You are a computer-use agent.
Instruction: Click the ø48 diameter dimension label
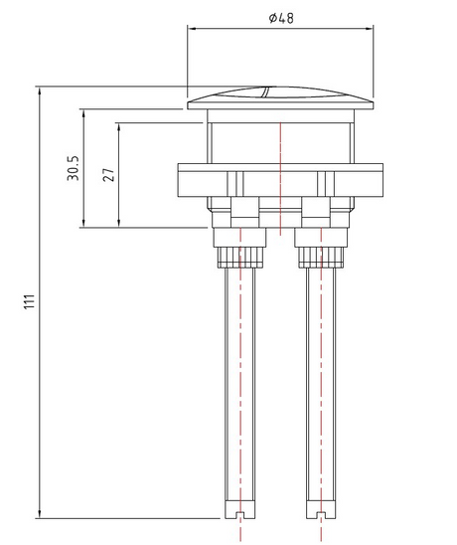click(x=281, y=18)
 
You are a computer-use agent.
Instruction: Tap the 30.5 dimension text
click(x=74, y=168)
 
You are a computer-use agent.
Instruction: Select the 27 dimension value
click(x=108, y=175)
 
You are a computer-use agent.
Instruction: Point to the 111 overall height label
click(x=30, y=301)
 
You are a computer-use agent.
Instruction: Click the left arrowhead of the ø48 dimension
click(x=192, y=29)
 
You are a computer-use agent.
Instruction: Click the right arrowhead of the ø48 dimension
click(x=370, y=29)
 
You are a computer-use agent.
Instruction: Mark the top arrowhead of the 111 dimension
click(x=39, y=91)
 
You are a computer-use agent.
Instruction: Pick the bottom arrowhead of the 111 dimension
click(x=39, y=514)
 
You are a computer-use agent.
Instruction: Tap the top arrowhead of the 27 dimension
click(x=119, y=127)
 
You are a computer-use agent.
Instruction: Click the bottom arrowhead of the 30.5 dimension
click(x=83, y=223)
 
